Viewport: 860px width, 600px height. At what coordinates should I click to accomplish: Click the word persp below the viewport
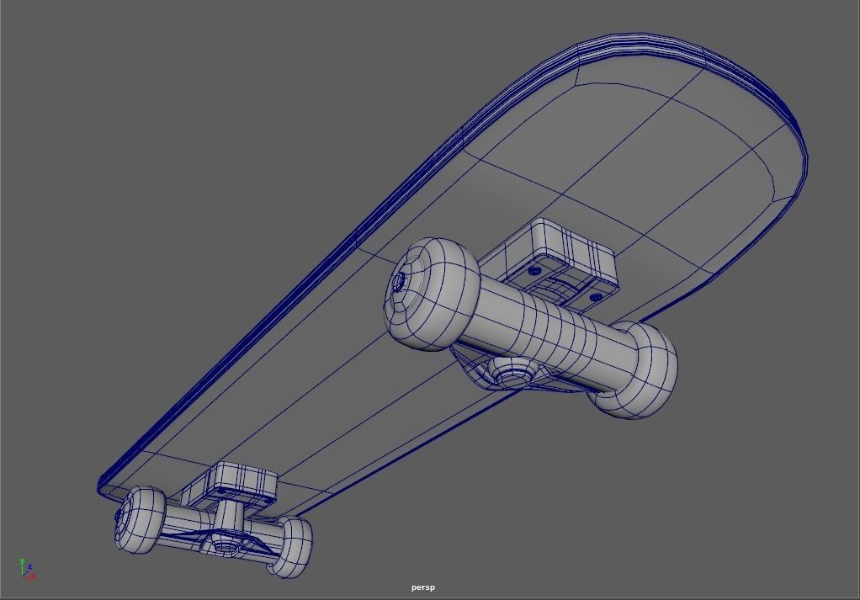tap(423, 587)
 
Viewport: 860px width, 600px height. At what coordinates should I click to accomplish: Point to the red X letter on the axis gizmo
tap(32, 576)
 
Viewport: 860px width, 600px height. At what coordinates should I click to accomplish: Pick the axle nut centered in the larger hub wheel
tap(400, 280)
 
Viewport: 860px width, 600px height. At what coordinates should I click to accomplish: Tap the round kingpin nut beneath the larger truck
tap(510, 371)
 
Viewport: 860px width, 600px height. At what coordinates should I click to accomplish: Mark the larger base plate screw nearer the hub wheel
tap(534, 272)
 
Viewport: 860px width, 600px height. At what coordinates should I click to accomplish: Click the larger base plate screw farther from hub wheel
tap(596, 297)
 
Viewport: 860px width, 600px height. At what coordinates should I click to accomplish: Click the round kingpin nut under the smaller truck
tap(225, 546)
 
